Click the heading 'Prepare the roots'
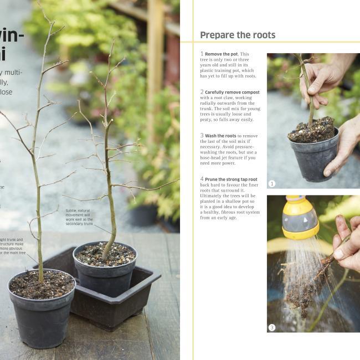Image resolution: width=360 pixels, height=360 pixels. click(x=237, y=35)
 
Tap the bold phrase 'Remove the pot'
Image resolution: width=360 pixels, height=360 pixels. click(x=221, y=54)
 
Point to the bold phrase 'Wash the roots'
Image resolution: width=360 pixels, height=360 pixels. click(x=220, y=136)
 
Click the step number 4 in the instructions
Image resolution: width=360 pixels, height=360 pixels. click(x=202, y=179)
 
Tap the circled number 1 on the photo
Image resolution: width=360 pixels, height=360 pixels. click(x=272, y=183)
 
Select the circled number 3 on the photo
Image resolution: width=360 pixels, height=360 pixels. click(x=272, y=327)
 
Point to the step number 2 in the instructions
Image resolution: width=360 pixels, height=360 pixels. click(x=202, y=92)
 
